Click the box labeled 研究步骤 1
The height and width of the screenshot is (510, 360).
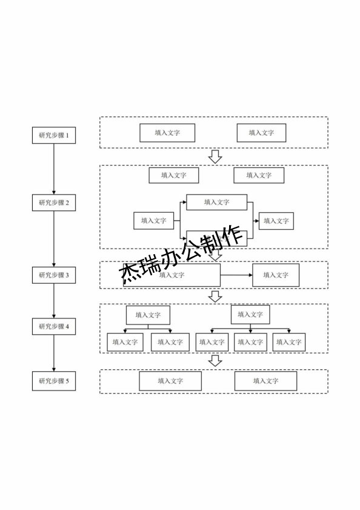(54, 135)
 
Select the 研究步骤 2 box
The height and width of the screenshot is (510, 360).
(54, 203)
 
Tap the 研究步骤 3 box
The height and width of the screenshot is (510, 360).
(54, 275)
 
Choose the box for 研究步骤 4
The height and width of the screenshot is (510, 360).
(54, 326)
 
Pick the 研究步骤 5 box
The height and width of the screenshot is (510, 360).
(54, 381)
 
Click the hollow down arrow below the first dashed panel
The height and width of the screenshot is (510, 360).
(215, 156)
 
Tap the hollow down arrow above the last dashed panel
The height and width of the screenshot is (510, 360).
(215, 361)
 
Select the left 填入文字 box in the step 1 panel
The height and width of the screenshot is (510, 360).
(167, 133)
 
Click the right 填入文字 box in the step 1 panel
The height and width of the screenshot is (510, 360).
(261, 133)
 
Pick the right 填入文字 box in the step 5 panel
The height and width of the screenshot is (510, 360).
(265, 381)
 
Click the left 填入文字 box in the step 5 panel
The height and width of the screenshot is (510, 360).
(170, 381)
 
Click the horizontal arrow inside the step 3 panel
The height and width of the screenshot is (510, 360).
(236, 275)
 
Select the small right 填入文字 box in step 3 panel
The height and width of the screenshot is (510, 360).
(276, 275)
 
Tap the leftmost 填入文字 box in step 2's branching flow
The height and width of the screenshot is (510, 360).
(154, 221)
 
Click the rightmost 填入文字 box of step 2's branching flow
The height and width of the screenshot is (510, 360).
(276, 221)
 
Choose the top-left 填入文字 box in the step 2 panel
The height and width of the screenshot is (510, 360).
(174, 175)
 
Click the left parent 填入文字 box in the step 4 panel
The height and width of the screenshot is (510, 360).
(148, 315)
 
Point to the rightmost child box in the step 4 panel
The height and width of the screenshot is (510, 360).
(288, 342)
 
